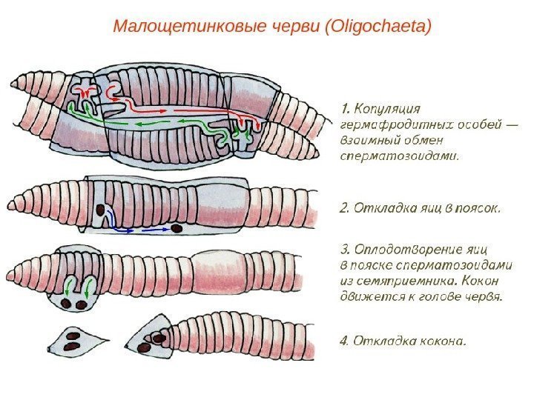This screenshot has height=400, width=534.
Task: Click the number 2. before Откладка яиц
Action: coord(344,207)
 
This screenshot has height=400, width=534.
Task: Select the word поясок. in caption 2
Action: coord(476,207)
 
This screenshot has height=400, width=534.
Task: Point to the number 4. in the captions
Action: coord(344,341)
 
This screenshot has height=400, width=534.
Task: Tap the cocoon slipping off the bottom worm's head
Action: coord(153,338)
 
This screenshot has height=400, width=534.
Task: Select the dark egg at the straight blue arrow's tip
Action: coord(177,229)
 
